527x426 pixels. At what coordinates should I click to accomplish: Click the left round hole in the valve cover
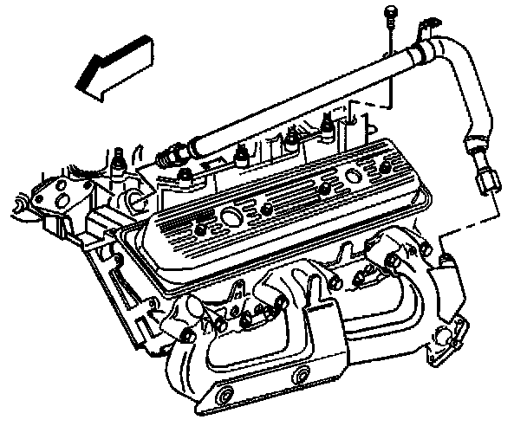click(x=231, y=214)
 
